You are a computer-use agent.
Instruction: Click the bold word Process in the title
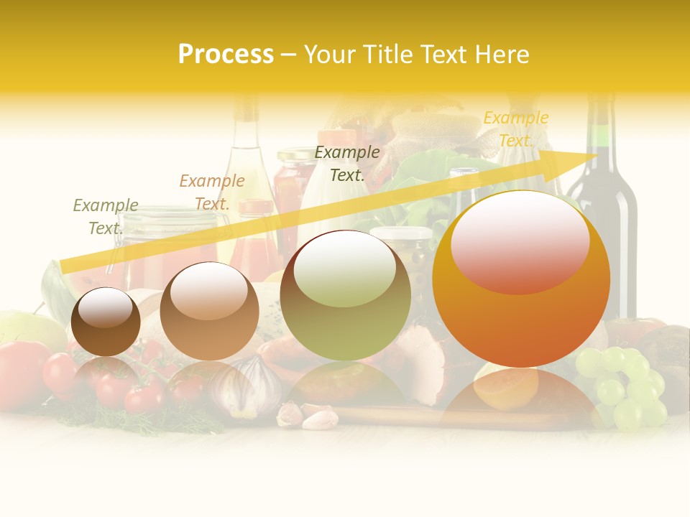tap(226, 55)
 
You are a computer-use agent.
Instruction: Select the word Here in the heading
tap(500, 55)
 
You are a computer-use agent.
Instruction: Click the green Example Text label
tap(105, 217)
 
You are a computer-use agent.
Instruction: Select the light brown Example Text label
tap(211, 192)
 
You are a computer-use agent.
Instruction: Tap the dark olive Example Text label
tap(347, 164)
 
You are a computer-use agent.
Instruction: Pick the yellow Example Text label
tap(515, 129)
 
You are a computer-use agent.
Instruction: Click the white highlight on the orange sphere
tap(520, 241)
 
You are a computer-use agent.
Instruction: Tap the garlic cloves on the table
tap(308, 414)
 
